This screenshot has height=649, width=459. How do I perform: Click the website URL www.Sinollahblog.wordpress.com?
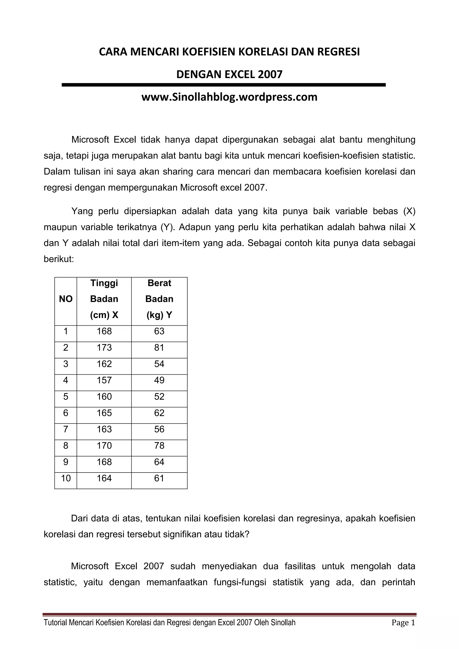[229, 97]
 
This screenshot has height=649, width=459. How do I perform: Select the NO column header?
[66, 299]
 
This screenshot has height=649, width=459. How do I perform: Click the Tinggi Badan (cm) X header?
[104, 299]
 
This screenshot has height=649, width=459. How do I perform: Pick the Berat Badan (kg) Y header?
[159, 299]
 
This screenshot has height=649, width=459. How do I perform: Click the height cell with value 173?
[104, 348]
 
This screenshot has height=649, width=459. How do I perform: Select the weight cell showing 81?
[159, 348]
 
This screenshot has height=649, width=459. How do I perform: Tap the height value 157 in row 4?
[104, 380]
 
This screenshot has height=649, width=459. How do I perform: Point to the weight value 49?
[159, 380]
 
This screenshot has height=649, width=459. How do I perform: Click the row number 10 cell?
[66, 479]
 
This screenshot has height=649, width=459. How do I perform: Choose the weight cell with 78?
[159, 446]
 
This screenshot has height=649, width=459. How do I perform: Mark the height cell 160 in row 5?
[104, 397]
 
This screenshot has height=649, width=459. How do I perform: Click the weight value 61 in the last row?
[159, 479]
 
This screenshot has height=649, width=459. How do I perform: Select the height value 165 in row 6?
[104, 413]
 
